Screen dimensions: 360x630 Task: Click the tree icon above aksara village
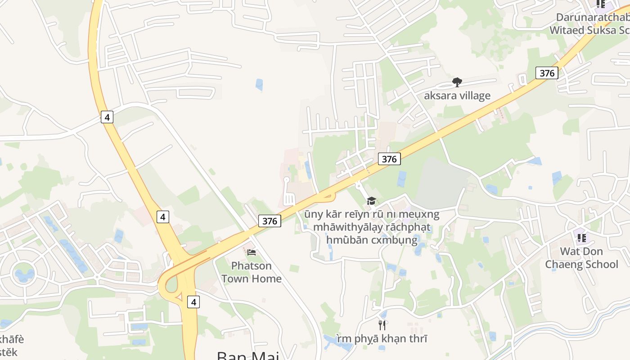(x=457, y=82)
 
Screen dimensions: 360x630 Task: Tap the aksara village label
(x=457, y=95)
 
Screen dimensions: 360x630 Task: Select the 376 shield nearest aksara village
(x=547, y=73)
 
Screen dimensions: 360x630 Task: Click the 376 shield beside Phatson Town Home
(x=270, y=220)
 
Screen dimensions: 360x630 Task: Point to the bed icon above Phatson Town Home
(x=252, y=252)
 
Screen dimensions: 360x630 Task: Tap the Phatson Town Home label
(x=251, y=272)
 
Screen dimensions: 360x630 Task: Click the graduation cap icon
(x=371, y=201)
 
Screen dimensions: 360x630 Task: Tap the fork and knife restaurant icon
(x=382, y=325)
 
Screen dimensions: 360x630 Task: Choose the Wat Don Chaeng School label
(x=581, y=257)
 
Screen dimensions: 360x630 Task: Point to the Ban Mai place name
(x=247, y=355)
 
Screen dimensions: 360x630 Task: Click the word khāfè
(x=12, y=339)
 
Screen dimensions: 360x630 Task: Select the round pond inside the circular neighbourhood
(x=24, y=273)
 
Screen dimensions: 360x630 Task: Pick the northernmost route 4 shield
(x=107, y=117)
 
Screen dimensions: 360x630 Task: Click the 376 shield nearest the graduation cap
(x=389, y=158)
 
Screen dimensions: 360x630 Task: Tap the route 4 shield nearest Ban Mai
(x=193, y=302)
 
